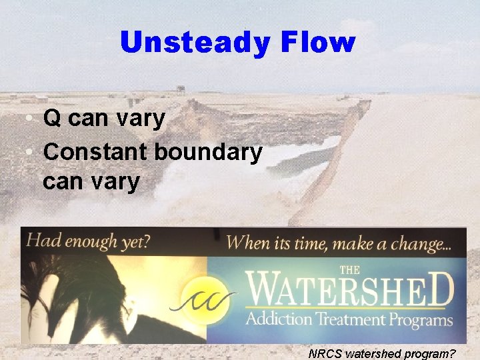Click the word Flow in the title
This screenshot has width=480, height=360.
319,43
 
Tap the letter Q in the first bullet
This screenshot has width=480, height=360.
53,119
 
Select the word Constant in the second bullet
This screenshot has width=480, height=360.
95,151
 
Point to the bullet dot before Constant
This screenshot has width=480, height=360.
31,152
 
